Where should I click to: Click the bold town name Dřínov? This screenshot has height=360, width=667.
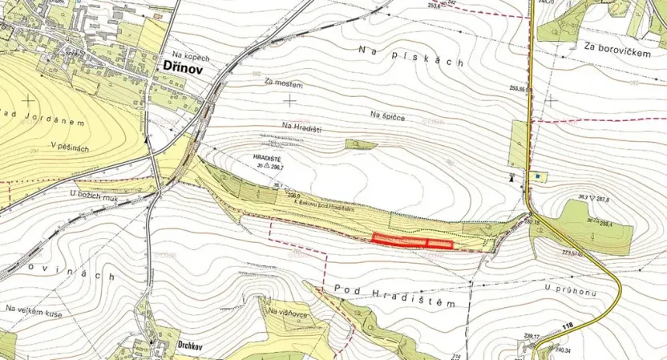(183, 71)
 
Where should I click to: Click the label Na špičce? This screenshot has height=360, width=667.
(387, 116)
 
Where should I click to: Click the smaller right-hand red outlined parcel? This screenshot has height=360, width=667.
(440, 244)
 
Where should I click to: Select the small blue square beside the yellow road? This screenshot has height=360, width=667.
(536, 176)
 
